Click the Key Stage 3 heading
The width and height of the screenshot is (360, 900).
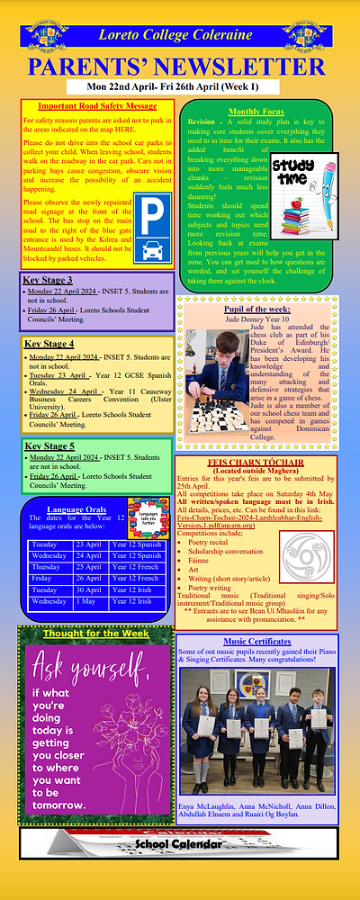(49, 279)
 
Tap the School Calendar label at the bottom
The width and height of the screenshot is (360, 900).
(181, 843)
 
